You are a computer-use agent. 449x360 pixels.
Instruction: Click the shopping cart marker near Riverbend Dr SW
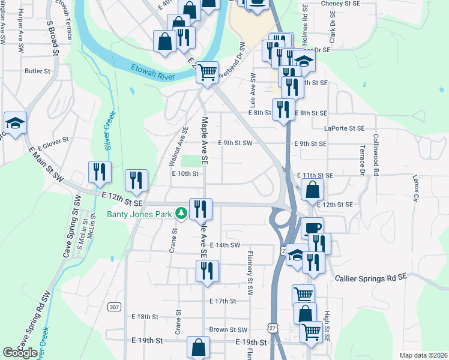pos(208,73)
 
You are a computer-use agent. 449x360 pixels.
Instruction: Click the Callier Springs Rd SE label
pos(371,278)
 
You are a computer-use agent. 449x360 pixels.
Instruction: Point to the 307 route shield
pos(115,307)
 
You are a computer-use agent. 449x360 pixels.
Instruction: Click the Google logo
pos(20,353)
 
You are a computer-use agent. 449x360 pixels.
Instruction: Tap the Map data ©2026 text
pos(424,355)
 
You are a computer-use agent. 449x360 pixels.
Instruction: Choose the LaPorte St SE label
pos(345,128)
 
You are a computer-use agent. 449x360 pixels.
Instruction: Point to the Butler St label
pos(37,71)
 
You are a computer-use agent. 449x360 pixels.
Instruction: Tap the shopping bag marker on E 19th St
pos(198,347)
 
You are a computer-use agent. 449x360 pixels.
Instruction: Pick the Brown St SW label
pos(228,329)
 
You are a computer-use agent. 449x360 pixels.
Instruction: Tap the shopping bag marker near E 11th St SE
pos(313,191)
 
